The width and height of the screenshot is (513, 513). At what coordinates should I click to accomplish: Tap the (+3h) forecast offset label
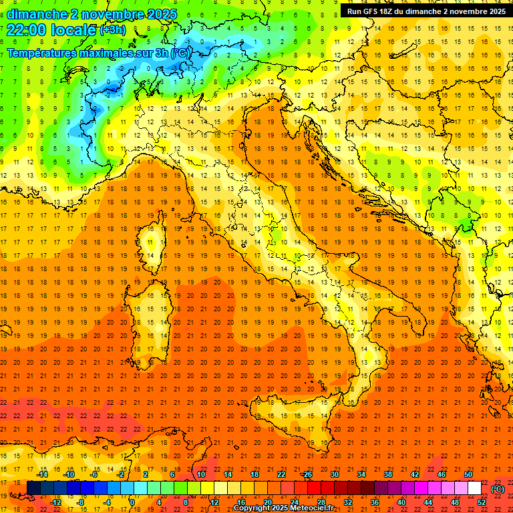click(112, 30)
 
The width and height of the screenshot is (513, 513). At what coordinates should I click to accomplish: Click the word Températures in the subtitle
click(48, 53)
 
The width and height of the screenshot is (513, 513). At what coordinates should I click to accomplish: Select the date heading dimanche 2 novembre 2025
click(92, 13)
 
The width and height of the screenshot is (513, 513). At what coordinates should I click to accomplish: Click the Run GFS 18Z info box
click(425, 11)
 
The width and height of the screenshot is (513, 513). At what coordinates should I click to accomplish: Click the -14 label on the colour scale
click(42, 474)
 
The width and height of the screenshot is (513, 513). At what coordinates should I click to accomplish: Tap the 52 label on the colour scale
click(482, 502)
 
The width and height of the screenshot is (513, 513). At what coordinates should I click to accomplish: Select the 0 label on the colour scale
click(132, 502)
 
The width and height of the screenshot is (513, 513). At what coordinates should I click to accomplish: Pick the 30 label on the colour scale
click(334, 474)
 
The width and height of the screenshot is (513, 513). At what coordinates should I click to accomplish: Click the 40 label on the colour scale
click(401, 502)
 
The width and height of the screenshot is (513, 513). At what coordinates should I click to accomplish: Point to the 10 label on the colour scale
click(200, 474)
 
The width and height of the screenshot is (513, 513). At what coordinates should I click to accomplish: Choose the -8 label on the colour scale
click(81, 502)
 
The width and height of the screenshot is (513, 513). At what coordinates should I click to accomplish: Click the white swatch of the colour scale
click(474, 488)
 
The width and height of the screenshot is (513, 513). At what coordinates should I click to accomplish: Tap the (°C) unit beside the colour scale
click(498, 489)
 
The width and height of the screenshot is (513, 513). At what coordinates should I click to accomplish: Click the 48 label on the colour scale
click(455, 502)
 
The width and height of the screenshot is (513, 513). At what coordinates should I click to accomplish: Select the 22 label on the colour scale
click(281, 474)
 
